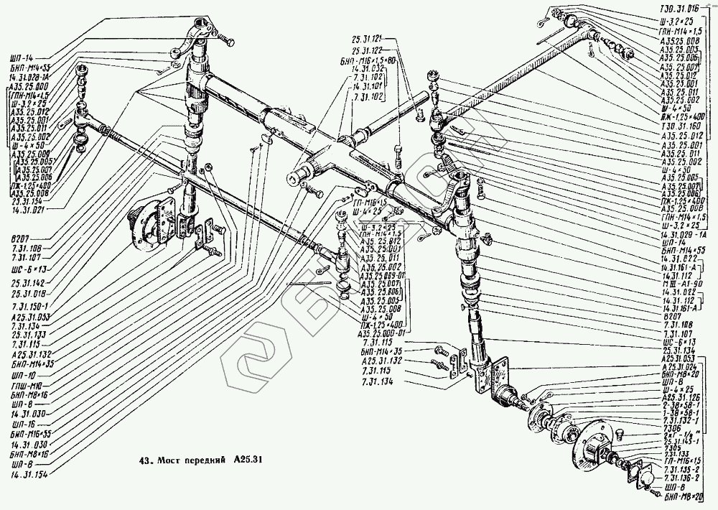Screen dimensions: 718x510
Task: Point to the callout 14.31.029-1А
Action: coord(682,234)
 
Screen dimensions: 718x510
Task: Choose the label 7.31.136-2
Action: coord(680,478)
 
